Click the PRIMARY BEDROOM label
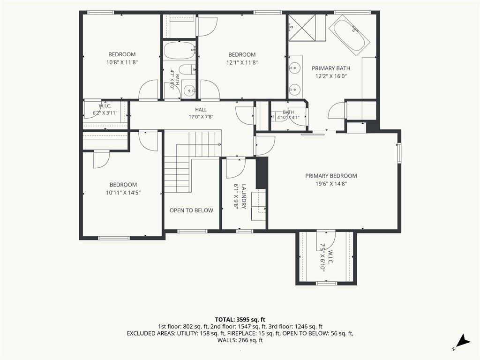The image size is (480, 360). (x=331, y=176)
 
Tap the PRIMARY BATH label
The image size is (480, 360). (x=331, y=68)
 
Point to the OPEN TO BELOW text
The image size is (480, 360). (x=191, y=210)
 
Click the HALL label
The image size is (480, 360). (x=201, y=110)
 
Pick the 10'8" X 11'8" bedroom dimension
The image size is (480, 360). (x=122, y=62)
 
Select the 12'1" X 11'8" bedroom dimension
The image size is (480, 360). (x=242, y=62)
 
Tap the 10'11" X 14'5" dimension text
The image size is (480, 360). (x=123, y=193)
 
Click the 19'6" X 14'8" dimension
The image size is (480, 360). (x=331, y=184)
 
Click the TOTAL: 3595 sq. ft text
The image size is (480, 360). (x=240, y=320)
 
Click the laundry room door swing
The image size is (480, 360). (x=236, y=168)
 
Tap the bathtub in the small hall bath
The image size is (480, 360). (x=180, y=51)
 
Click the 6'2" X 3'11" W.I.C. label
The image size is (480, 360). (x=105, y=109)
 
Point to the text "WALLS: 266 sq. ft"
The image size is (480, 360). (x=240, y=340)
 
